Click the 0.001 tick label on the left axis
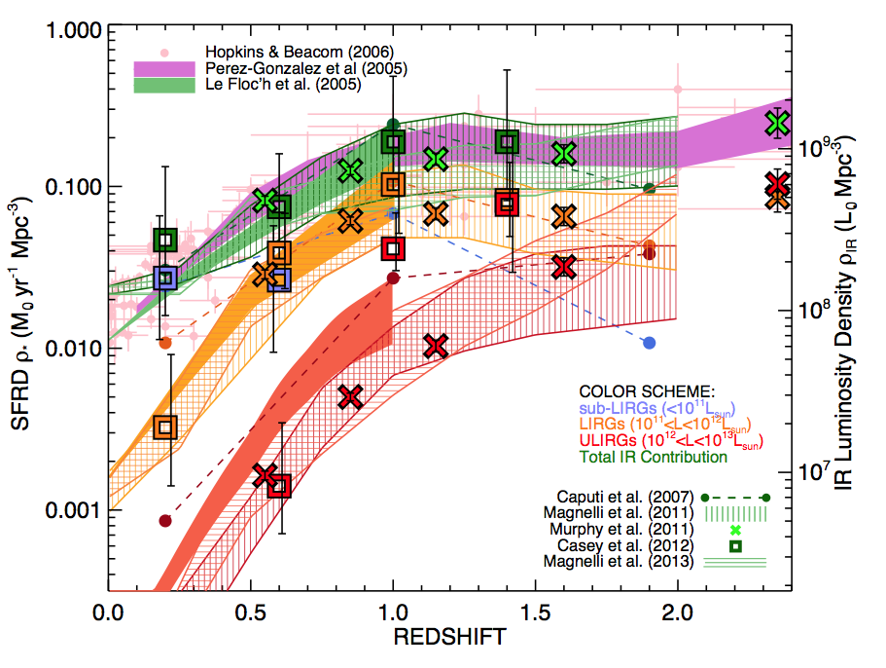(65, 510)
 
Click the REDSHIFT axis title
(448, 638)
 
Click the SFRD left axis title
(29, 321)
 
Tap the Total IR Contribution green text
(653, 457)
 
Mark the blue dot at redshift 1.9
(650, 343)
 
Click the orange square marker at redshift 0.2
(165, 427)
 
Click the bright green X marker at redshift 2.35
(776, 123)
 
